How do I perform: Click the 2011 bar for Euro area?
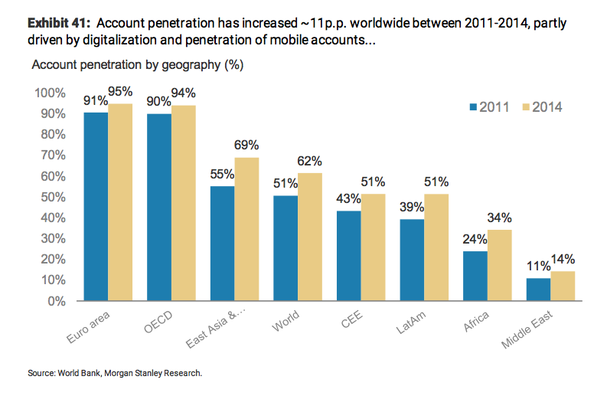point(96,206)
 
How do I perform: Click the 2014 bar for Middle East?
point(562,286)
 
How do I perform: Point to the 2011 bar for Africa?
point(475,276)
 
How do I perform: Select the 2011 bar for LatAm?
point(412,260)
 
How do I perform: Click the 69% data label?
point(246,146)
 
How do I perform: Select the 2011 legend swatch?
point(472,106)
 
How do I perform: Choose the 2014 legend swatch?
point(524,106)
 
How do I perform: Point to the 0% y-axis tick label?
point(57,301)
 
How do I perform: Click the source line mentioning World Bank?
point(115,373)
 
